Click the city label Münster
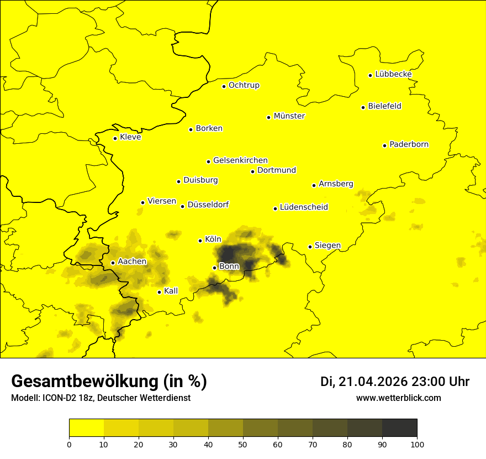click(x=289, y=116)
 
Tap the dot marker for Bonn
click(x=214, y=268)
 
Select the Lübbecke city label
click(x=393, y=74)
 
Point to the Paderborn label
click(x=409, y=144)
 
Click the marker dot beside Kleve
click(x=115, y=138)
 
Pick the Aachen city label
click(x=132, y=262)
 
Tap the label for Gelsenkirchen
click(x=240, y=160)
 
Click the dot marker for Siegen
click(x=310, y=247)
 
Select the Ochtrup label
click(x=244, y=85)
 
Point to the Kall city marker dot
click(x=159, y=292)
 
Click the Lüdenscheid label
click(x=304, y=207)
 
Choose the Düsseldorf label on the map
click(x=208, y=205)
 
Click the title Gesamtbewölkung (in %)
click(x=109, y=382)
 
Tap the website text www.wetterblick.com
click(x=398, y=398)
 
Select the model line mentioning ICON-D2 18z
click(x=101, y=398)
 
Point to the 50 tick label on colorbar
click(x=243, y=444)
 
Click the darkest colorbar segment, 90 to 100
click(x=399, y=427)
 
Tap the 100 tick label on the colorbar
click(x=417, y=444)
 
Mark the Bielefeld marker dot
click(x=363, y=107)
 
